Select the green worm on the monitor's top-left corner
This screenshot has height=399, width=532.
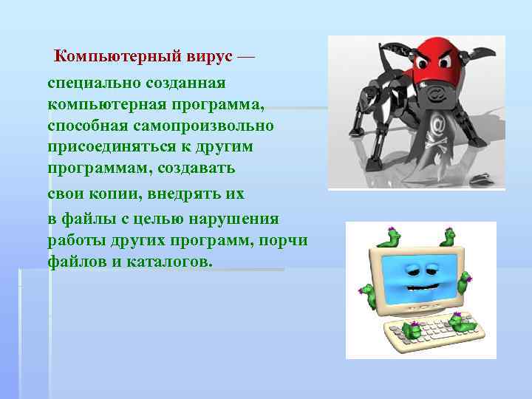(x=391, y=237)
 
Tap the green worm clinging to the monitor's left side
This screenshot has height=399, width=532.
(x=367, y=293)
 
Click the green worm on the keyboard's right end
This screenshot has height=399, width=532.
(x=463, y=322)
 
